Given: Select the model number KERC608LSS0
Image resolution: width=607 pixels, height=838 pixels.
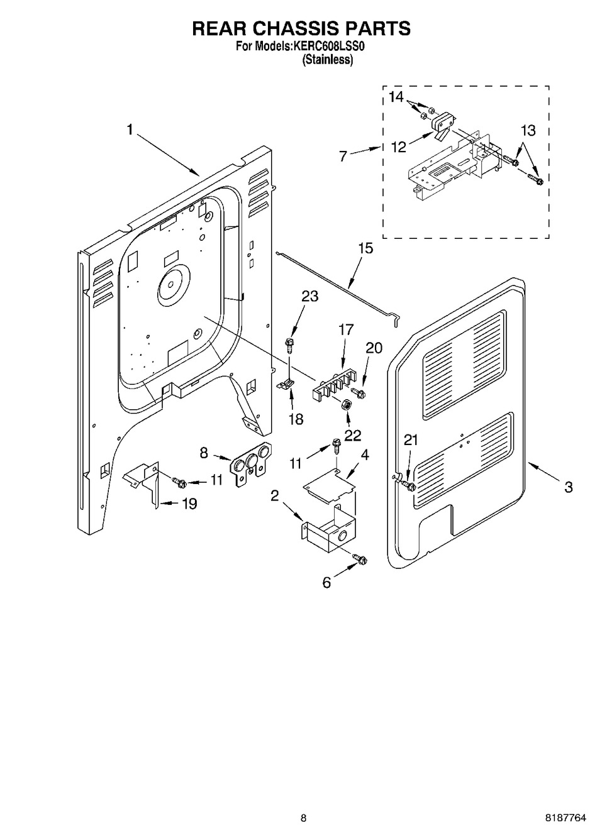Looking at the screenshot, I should [328, 46].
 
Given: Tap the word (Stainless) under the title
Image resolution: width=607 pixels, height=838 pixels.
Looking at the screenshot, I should [328, 60].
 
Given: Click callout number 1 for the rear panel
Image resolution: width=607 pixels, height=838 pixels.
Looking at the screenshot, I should [130, 130].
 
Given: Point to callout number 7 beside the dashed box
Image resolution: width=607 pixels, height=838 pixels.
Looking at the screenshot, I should [343, 156].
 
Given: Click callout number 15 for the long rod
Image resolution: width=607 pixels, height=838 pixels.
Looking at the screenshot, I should [365, 248].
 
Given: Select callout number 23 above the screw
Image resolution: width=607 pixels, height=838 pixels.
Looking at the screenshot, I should [309, 296].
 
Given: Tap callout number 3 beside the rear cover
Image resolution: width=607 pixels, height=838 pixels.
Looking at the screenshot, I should [568, 487].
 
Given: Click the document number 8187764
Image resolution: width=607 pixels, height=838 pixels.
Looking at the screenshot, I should [564, 818].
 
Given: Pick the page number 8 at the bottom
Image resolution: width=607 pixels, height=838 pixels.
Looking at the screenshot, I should [303, 818].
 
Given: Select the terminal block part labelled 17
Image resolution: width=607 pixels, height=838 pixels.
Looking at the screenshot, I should [333, 385].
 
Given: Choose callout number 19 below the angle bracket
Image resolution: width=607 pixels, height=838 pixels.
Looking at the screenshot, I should [189, 504].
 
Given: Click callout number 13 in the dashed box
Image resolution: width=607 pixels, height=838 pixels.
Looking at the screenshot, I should [528, 130].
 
